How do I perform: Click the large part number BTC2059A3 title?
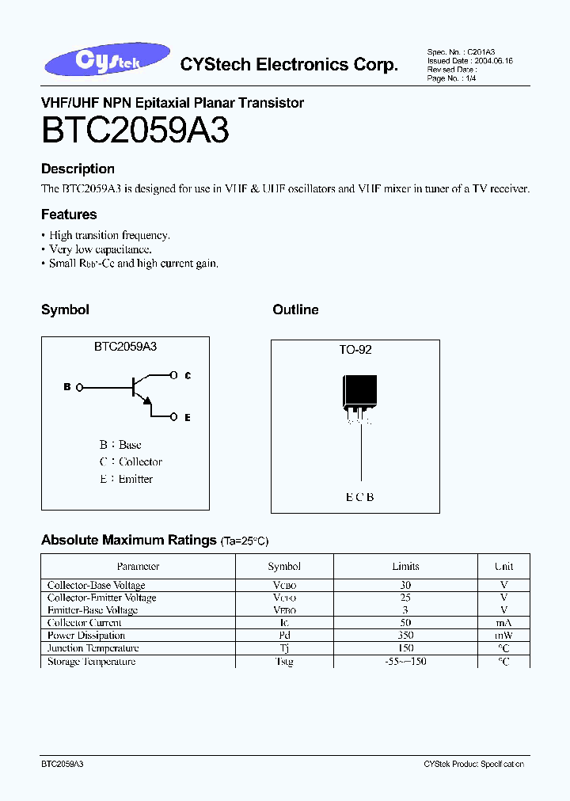tap(135, 131)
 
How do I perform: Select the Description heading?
tap(78, 169)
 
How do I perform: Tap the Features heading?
tap(69, 214)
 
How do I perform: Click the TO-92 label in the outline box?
tap(355, 349)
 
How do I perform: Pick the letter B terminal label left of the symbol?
tap(67, 387)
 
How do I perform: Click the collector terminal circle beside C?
tap(174, 375)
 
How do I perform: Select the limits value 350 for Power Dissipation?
tap(405, 636)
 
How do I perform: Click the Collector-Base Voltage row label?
tap(97, 585)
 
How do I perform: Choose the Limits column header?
tap(405, 567)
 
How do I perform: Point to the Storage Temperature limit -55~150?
tap(405, 662)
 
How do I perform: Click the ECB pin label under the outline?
tap(359, 497)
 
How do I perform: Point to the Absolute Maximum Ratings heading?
tap(128, 541)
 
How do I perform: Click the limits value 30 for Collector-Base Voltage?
tap(405, 585)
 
